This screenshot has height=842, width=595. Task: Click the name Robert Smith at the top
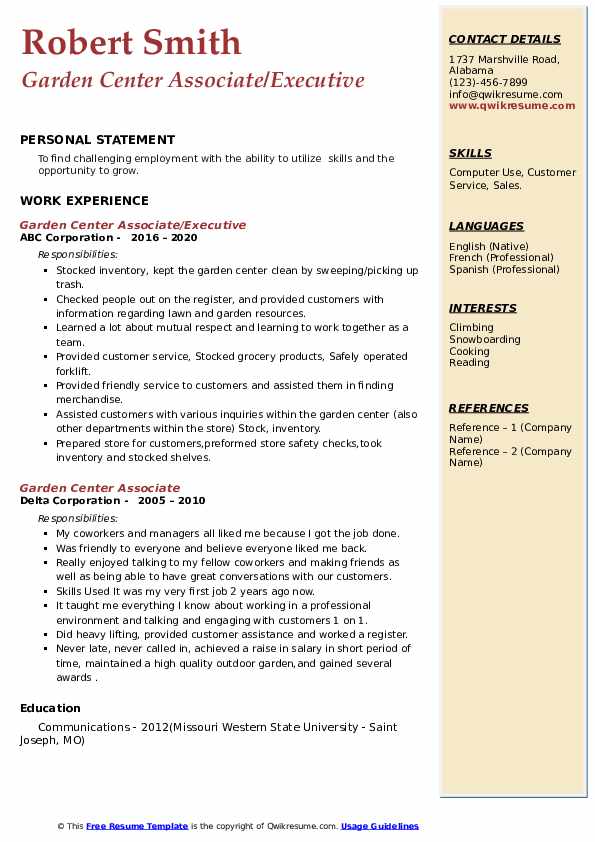tap(131, 42)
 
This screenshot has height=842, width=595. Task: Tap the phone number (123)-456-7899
tap(488, 83)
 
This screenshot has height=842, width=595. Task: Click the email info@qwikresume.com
tap(505, 94)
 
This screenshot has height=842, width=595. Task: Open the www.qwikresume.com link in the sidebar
tap(505, 105)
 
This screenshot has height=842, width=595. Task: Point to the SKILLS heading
tap(470, 153)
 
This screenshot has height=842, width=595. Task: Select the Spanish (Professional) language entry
tap(504, 269)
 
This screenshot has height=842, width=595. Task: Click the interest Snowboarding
tap(484, 339)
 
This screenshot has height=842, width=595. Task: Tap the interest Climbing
tap(471, 327)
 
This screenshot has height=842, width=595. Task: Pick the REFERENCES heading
tap(489, 408)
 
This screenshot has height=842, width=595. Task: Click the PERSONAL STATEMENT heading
tap(97, 140)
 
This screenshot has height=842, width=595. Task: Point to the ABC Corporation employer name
tap(66, 238)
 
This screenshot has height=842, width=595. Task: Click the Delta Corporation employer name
tap(69, 501)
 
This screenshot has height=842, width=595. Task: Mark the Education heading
tap(50, 708)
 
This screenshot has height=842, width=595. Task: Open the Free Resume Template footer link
tap(137, 826)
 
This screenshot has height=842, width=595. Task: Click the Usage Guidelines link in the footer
tap(380, 826)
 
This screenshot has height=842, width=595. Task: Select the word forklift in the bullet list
tap(73, 371)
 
